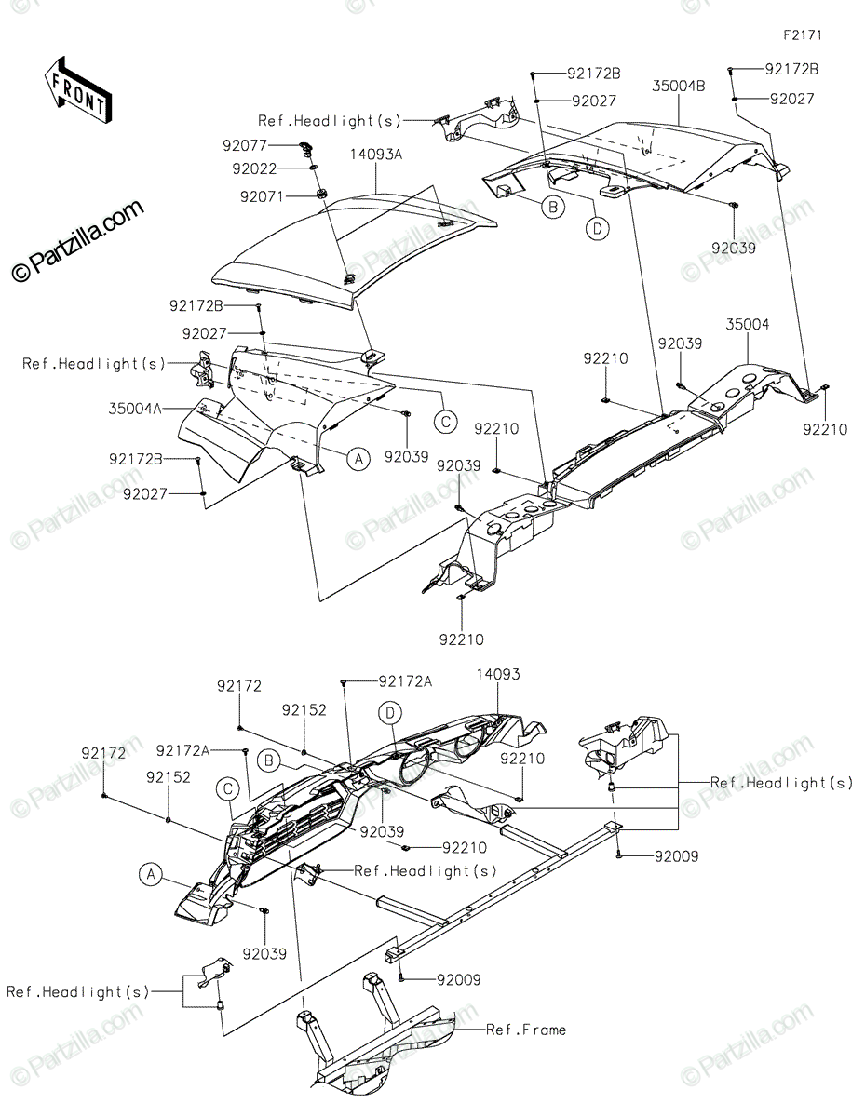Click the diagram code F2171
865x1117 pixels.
click(x=803, y=34)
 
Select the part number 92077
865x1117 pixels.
click(x=245, y=145)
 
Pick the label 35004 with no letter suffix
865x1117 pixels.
click(x=749, y=325)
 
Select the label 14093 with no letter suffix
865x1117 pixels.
click(x=498, y=674)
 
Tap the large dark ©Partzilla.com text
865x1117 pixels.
click(x=78, y=241)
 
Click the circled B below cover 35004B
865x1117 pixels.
click(x=553, y=208)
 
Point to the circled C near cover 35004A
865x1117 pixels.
click(x=446, y=422)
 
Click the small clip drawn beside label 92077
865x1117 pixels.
click(x=305, y=146)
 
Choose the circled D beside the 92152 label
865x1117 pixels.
click(x=391, y=713)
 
